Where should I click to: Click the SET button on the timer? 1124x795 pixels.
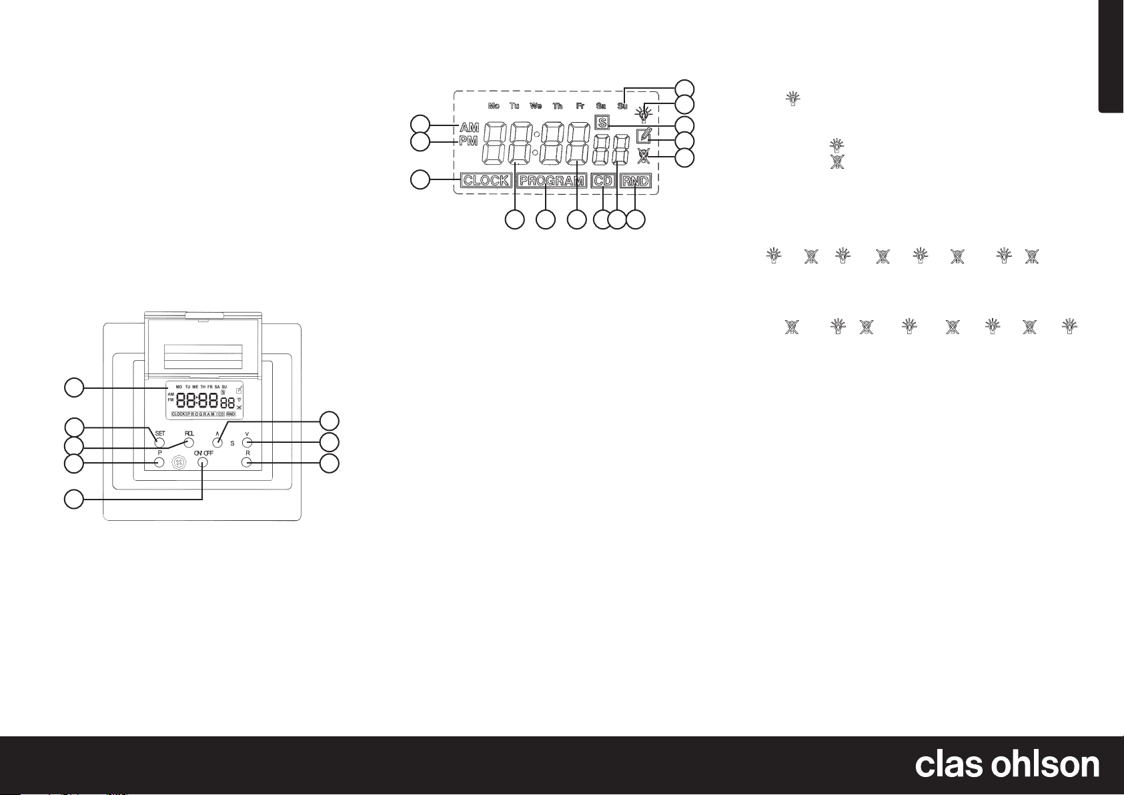tap(160, 442)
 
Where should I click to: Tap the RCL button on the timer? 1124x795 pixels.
tap(189, 442)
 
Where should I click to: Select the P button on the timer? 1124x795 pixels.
tap(160, 463)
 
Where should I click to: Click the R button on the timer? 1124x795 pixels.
tap(247, 463)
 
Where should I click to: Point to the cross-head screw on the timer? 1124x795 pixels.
tap(179, 463)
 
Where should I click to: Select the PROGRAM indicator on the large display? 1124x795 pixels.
tap(552, 181)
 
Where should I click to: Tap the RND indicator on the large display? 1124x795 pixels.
tap(636, 181)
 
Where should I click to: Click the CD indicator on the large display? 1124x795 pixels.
tap(603, 181)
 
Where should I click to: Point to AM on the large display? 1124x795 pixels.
tap(470, 127)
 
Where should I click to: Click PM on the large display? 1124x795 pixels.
tap(470, 141)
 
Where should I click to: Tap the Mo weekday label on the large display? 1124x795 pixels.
tap(494, 106)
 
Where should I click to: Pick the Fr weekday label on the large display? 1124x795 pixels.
tap(580, 106)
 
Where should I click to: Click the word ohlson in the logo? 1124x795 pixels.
tap(1047, 765)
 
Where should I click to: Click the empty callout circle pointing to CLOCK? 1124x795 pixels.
tap(420, 179)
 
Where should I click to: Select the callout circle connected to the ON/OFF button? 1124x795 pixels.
tap(74, 498)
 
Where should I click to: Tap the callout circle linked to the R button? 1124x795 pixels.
tap(330, 464)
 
